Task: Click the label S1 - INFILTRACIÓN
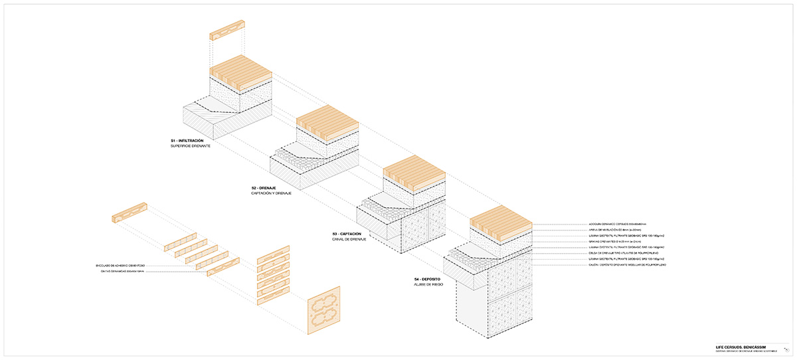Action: [x=187, y=141]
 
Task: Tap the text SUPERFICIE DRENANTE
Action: [x=191, y=146]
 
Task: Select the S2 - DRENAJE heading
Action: [x=264, y=188]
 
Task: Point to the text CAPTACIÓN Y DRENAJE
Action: [x=272, y=193]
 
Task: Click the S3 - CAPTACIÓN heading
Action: [x=347, y=234]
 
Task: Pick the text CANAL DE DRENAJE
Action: [x=350, y=239]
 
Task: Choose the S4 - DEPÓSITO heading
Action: [x=427, y=278]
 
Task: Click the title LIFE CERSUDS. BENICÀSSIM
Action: [x=738, y=347]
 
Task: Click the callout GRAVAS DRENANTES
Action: [x=611, y=242]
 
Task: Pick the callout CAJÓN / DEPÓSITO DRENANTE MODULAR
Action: [x=628, y=264]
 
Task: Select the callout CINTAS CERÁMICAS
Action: [x=125, y=271]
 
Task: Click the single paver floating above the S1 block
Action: [x=227, y=39]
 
